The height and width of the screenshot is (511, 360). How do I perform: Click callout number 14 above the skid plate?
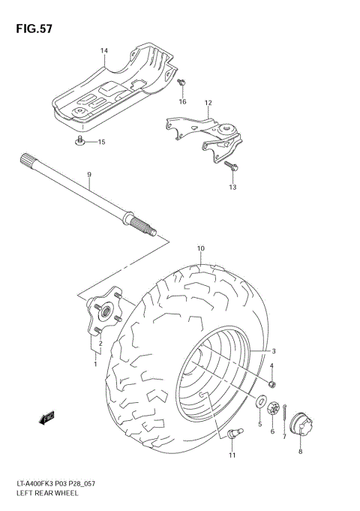pos(104,52)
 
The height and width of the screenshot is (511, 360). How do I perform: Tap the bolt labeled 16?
pos(181,83)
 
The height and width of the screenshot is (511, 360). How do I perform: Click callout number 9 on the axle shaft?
pos(88,175)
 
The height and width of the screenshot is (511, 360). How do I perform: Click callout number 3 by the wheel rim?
pos(274,351)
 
